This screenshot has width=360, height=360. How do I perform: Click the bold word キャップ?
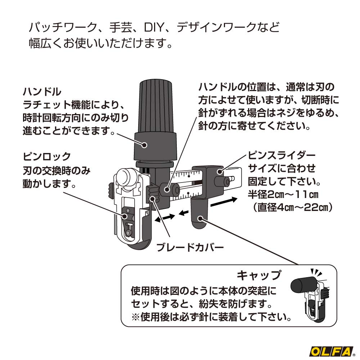[258, 275]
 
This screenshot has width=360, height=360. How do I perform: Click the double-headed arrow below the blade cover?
[165, 218]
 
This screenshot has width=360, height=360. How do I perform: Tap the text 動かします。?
[49, 184]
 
